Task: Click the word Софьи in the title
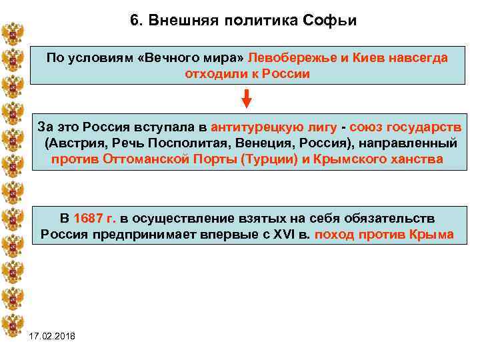[333, 20]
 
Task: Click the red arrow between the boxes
[247, 99]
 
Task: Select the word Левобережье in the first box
[290, 58]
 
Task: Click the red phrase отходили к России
[247, 73]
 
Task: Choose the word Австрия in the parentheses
[75, 143]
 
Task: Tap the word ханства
[418, 159]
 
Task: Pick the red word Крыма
[435, 234]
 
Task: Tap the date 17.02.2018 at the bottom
[53, 335]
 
